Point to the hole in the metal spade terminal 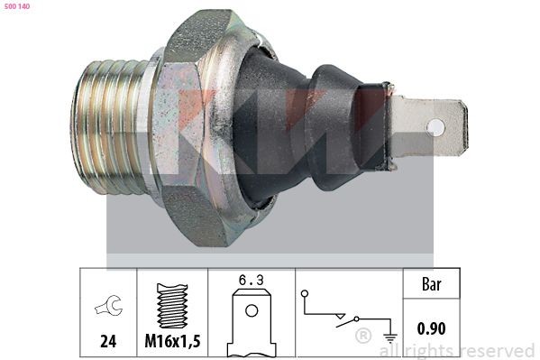tap(435, 127)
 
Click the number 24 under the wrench tap(107, 343)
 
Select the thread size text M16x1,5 tap(172, 343)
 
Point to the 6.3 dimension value tap(252, 281)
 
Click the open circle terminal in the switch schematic tap(306, 293)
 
